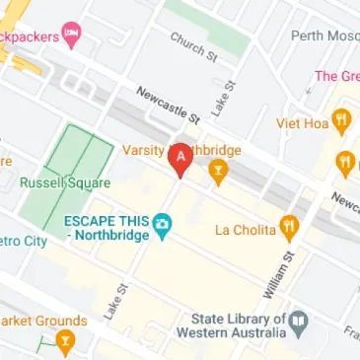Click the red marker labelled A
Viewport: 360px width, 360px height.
point(180,159)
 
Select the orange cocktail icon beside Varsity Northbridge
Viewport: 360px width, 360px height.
point(218,173)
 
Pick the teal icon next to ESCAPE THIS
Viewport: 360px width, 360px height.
point(162,230)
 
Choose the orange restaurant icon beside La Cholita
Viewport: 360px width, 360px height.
point(289,229)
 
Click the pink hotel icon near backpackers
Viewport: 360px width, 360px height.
point(71,34)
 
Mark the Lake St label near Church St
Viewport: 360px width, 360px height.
point(221,98)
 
